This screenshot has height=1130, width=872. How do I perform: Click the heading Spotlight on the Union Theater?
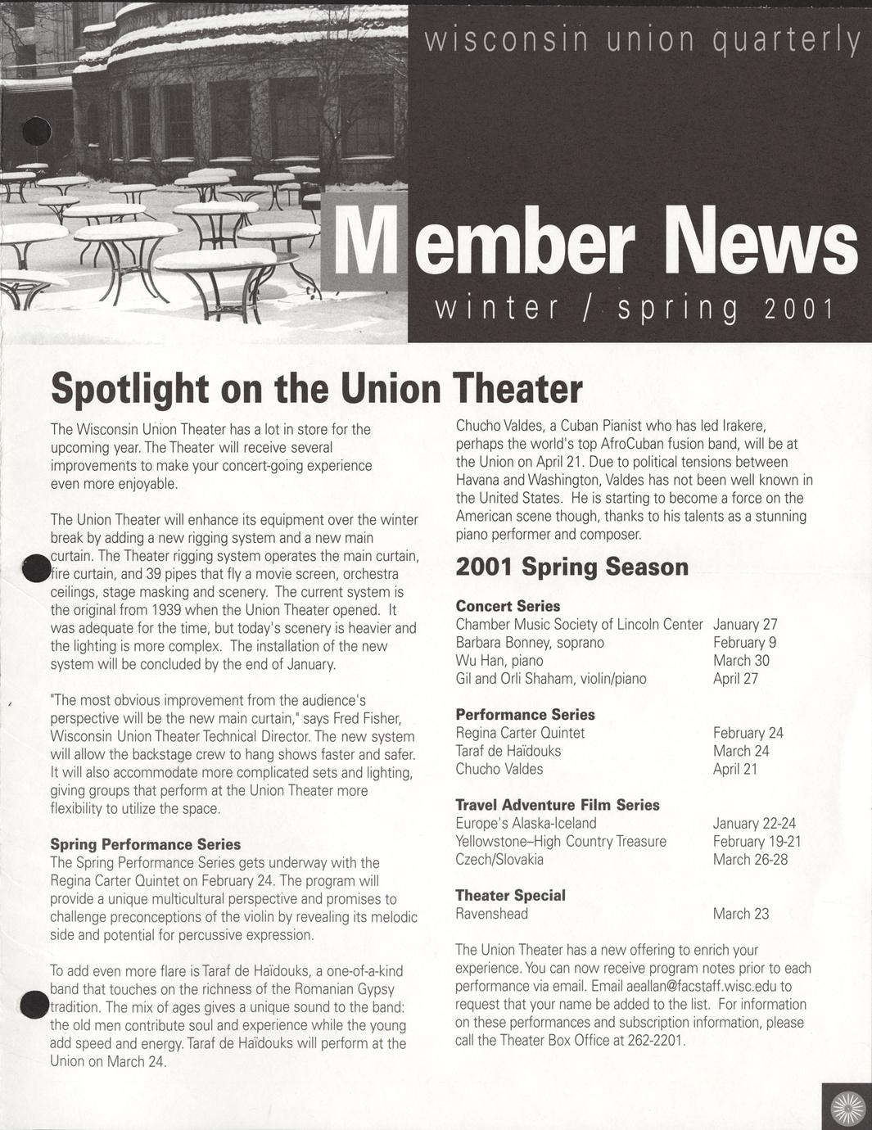[316, 388]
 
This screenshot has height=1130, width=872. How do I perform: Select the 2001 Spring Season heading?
[572, 567]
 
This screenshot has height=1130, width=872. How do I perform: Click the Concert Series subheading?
[508, 606]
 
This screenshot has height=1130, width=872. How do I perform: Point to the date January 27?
[745, 624]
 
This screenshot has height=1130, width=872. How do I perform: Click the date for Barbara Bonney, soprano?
[744, 642]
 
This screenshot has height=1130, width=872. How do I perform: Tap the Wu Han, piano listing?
[499, 660]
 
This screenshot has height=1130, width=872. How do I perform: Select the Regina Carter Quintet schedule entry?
[520, 733]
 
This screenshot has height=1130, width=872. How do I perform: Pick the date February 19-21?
[757, 841]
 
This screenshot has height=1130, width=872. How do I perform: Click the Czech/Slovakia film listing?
[499, 859]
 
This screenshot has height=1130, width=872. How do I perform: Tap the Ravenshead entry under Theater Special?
[491, 914]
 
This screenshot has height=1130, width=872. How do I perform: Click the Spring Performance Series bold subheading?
[145, 844]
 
